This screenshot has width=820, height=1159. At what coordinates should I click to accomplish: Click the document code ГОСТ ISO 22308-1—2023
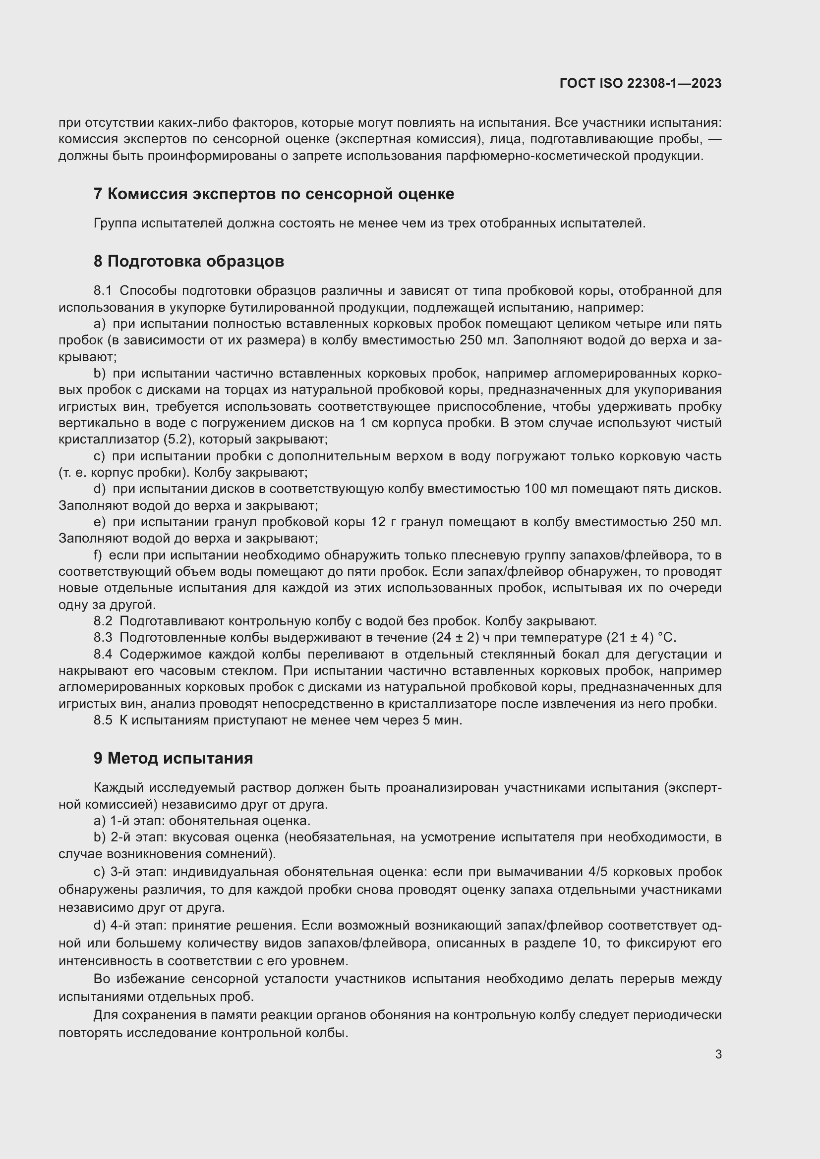[640, 83]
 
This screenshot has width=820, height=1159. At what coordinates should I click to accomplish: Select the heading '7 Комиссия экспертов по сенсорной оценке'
[274, 194]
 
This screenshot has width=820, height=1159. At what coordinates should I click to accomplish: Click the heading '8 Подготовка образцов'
[189, 261]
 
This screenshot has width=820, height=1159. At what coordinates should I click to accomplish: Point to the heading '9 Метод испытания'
[173, 758]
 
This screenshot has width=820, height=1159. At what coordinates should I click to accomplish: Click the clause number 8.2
[103, 621]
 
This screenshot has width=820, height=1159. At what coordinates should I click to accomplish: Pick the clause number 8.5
[103, 720]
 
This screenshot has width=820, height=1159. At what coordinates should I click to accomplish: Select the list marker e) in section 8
[100, 521]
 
